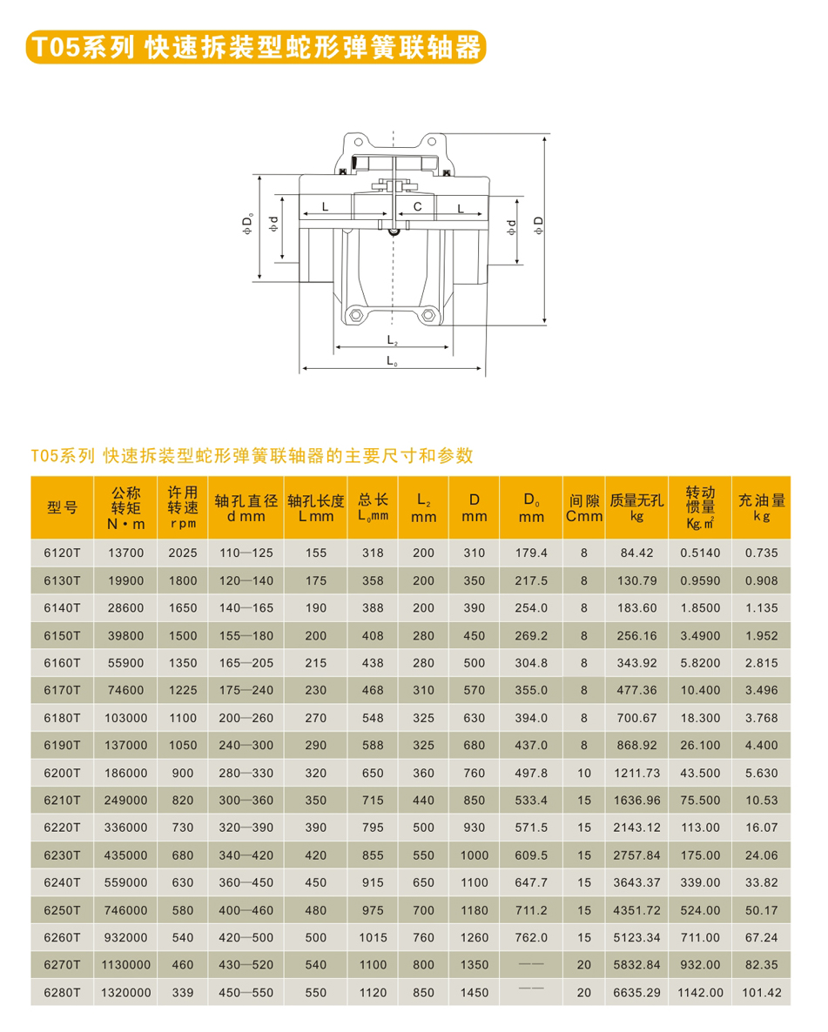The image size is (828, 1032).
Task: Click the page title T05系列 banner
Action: [254, 47]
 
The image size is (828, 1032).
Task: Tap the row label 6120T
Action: [62, 553]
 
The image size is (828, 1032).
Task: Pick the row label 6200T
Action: [62, 773]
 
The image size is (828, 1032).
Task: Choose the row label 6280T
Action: [62, 992]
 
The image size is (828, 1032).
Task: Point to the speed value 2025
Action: [183, 553]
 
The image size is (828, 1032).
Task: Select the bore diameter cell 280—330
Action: [246, 773]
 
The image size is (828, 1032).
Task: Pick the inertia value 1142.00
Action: [701, 992]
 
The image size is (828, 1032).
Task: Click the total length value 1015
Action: [372, 937]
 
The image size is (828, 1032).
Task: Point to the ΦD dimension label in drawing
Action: [539, 224]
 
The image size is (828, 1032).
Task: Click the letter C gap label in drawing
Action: [418, 207]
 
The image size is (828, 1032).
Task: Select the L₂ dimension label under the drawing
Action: [392, 340]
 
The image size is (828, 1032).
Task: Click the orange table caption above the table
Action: [252, 455]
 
